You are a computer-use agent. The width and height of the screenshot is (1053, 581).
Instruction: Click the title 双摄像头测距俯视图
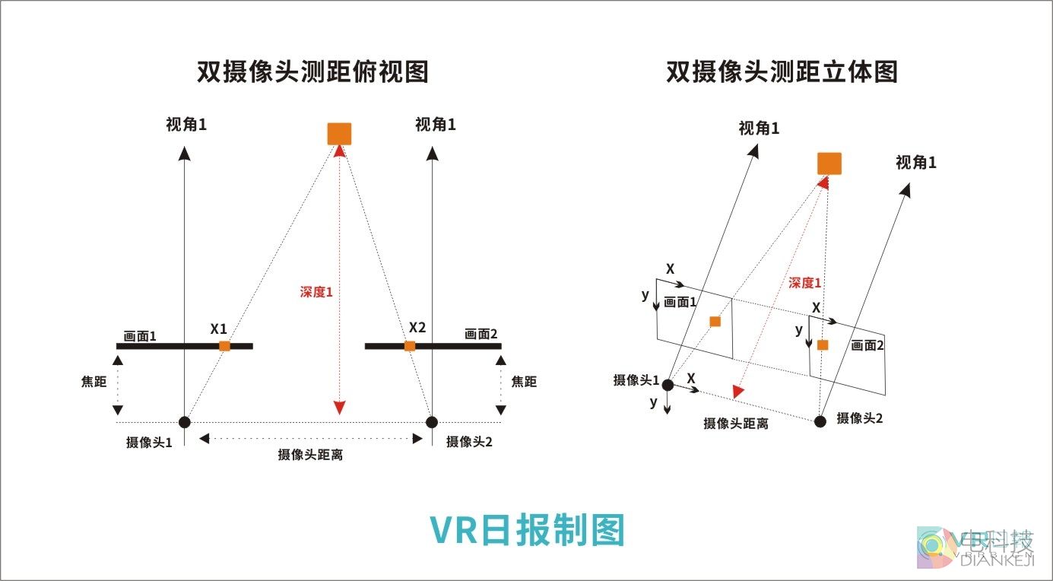tap(312, 71)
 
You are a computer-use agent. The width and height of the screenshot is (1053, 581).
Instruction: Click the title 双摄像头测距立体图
tap(782, 71)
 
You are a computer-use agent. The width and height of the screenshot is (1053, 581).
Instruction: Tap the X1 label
tap(219, 329)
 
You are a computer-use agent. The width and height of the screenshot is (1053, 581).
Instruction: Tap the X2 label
tap(417, 328)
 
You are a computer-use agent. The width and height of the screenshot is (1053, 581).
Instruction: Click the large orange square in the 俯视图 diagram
tap(339, 133)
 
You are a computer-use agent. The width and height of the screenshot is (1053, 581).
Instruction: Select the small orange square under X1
tap(224, 346)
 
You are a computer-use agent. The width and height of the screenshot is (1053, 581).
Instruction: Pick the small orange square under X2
tap(410, 346)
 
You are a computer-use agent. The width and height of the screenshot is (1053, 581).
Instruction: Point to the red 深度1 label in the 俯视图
tap(316, 291)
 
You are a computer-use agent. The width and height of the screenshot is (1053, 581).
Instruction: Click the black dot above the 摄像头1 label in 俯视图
tap(184, 422)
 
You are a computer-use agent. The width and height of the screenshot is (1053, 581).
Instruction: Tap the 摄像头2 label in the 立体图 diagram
tap(859, 418)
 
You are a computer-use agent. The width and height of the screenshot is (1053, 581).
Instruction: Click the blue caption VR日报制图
tap(527, 530)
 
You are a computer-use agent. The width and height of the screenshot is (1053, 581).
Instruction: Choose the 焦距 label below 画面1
tap(94, 382)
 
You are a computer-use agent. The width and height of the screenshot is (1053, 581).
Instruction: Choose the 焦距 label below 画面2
tap(524, 382)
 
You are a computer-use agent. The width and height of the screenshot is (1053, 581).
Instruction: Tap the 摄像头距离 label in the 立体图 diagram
tap(735, 424)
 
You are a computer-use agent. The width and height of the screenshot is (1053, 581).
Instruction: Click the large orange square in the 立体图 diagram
tap(829, 164)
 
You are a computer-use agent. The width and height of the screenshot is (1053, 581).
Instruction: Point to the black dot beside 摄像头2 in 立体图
tap(820, 421)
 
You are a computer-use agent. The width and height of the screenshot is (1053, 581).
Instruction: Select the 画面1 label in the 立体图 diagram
tap(680, 302)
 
